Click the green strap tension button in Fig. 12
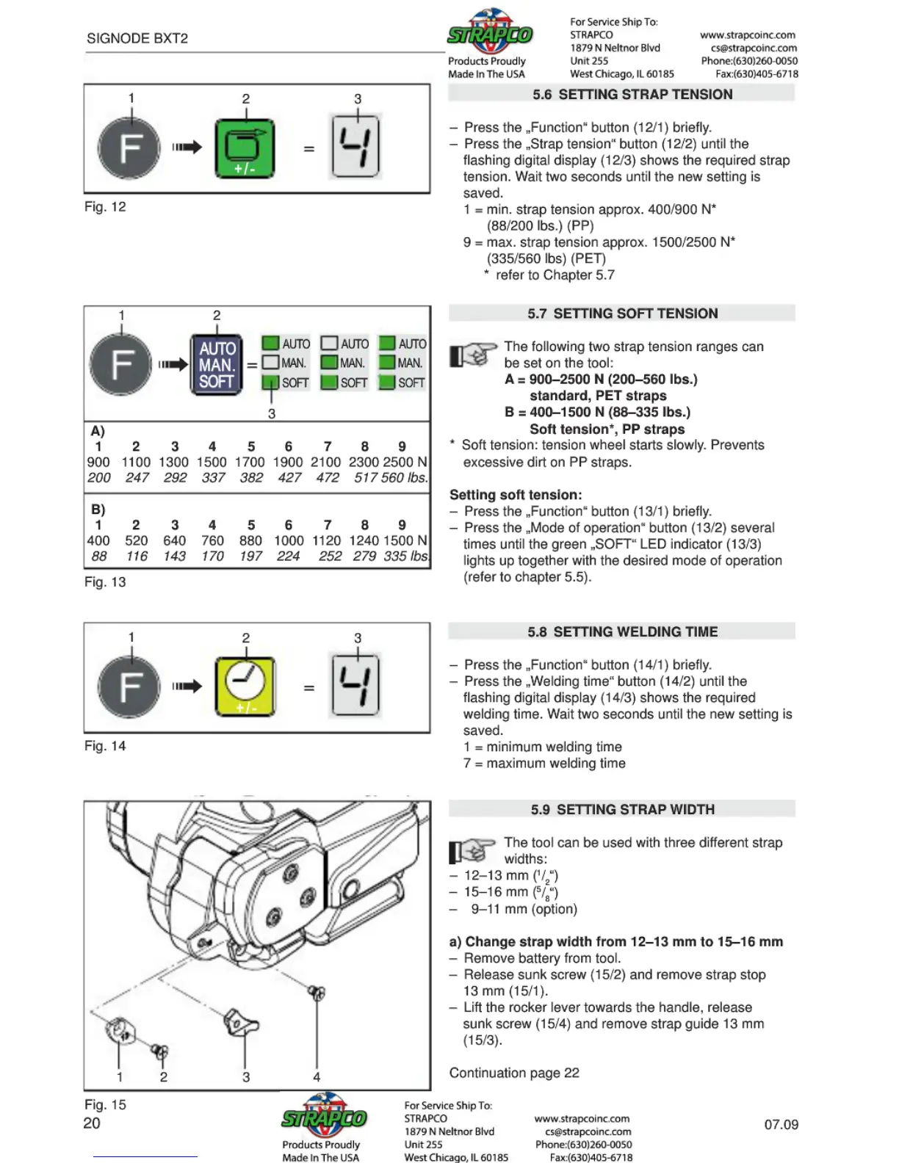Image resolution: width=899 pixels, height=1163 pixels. click(x=245, y=149)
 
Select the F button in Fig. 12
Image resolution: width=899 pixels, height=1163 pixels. click(x=129, y=148)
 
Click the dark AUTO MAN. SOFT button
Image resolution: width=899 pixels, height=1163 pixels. click(x=217, y=365)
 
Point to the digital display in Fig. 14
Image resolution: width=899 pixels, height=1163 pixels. click(x=356, y=684)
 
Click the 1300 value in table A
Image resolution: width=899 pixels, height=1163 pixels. click(x=174, y=462)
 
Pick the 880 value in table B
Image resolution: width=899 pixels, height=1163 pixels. click(x=250, y=540)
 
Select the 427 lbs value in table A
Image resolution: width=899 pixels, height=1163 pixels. click(x=289, y=478)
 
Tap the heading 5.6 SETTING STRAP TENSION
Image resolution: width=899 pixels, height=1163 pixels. click(x=621, y=94)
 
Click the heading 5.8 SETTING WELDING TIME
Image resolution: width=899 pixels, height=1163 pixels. click(x=621, y=631)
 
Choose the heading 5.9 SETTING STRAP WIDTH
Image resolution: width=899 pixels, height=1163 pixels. click(x=621, y=809)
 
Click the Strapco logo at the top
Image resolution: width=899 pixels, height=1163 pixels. click(x=490, y=33)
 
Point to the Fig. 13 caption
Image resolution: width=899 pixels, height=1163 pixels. click(x=105, y=582)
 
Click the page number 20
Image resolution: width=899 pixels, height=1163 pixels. click(x=92, y=1123)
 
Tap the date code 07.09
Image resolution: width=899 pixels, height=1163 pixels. click(x=781, y=1124)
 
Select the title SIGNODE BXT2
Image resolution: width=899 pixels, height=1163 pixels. click(x=137, y=38)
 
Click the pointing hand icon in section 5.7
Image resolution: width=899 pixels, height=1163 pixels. click(x=472, y=355)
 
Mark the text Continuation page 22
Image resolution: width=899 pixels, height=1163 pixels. click(x=514, y=1073)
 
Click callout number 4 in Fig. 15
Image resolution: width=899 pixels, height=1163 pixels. click(x=317, y=1077)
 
